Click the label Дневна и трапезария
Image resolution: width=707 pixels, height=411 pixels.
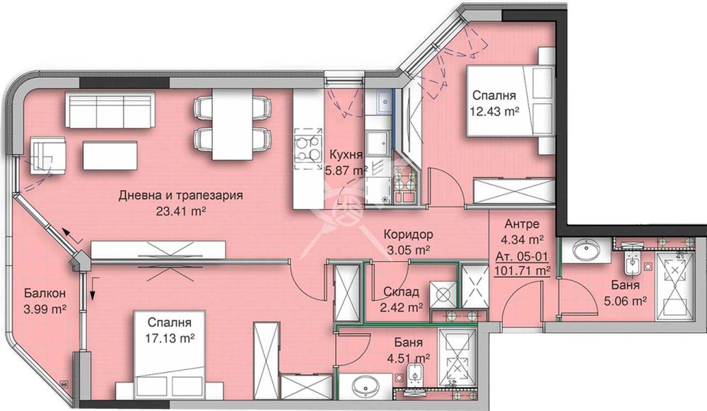pos(181,195)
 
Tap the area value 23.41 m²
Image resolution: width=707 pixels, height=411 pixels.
pos(181,211)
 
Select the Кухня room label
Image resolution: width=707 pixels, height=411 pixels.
pos(346,155)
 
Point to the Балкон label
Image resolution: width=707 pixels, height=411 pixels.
pos(45,294)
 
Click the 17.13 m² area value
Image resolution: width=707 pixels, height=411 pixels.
pos(170,337)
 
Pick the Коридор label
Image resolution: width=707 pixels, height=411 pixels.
pos(408,234)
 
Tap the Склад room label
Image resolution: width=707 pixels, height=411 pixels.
pos(401,292)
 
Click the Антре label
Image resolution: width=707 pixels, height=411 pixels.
pos(522,224)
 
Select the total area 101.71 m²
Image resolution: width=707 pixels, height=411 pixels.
pos(522,271)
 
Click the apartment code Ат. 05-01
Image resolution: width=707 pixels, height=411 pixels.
pos(522,257)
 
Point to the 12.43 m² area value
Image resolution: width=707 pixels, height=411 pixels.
pos(493,111)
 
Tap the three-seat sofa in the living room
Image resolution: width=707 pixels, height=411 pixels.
pos(110,109)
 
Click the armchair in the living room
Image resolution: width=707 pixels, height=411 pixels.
pos(48,155)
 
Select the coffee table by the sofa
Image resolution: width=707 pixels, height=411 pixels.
pos(110,155)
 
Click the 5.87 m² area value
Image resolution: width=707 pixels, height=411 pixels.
pos(346,170)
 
